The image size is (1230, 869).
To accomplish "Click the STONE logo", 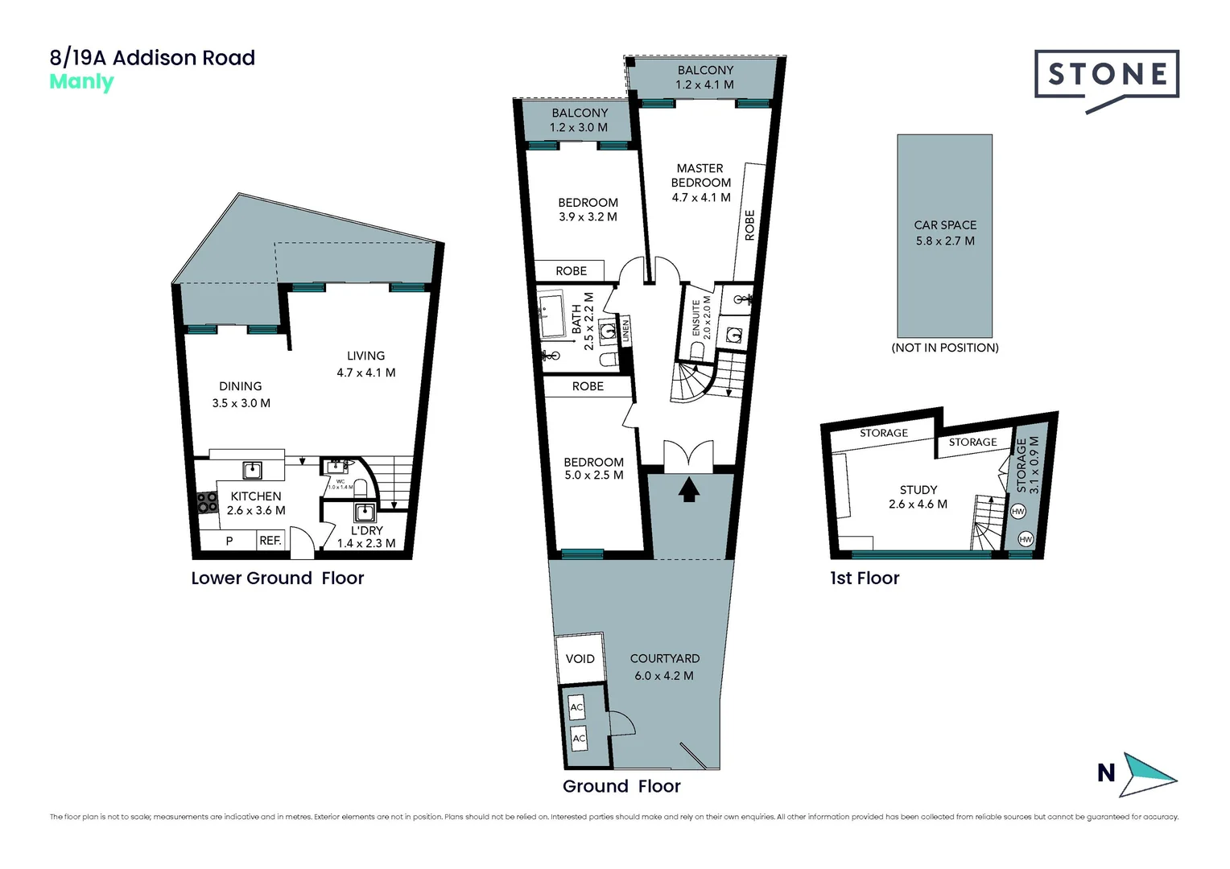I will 1107,75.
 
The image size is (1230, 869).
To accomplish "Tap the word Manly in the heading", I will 81,82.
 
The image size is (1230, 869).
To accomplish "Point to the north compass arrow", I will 1150,774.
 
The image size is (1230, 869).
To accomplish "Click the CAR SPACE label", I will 945,225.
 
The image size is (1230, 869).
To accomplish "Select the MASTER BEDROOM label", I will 700,175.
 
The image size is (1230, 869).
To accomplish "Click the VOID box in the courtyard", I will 580,659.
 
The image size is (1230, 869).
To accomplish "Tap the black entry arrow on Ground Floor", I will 688,489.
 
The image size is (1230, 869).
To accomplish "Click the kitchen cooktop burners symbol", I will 208,502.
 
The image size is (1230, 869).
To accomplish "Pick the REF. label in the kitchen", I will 270,541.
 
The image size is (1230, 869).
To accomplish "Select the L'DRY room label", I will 366,530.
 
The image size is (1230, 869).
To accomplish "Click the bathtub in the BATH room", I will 554,317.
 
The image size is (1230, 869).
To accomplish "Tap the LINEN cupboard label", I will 625,332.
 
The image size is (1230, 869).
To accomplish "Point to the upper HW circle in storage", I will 1017,512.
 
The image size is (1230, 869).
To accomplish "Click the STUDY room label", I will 918,489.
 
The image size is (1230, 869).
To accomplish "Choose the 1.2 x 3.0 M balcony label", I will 579,127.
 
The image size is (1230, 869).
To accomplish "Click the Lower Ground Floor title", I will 277,579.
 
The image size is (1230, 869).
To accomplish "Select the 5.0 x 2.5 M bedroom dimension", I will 593,476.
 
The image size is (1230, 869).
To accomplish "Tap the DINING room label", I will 240,386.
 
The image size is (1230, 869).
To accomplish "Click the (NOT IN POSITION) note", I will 945,348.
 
